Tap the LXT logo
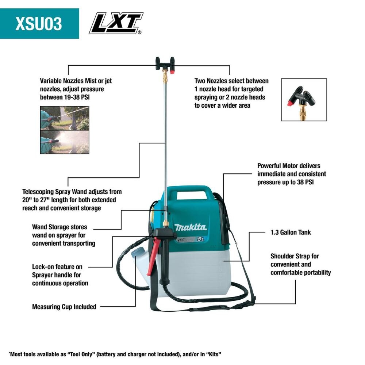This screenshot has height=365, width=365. coord(116,23)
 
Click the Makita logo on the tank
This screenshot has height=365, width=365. coord(190,227)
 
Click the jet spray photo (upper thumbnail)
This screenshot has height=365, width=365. coord(64,118)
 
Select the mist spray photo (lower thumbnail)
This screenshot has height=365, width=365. coord(64,142)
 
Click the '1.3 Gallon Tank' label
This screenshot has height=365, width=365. coord(291,232)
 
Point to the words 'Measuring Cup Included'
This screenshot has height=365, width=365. coord(64,307)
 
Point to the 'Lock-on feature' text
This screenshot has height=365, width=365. coord(57,267)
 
